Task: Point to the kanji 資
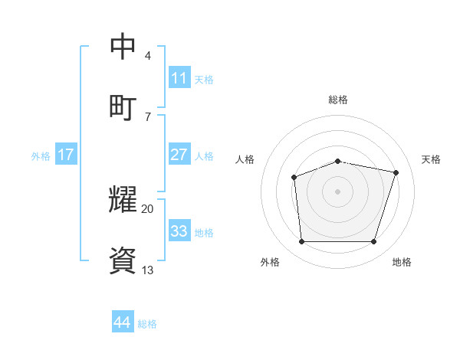point(124,260)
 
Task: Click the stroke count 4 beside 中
point(147,56)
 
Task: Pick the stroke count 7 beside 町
point(147,116)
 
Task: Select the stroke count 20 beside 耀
point(148,208)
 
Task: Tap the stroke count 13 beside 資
point(148,270)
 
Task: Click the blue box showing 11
point(179,78)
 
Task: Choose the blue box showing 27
point(179,155)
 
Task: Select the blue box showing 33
point(179,231)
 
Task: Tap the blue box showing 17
point(66,155)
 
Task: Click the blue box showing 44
point(122,322)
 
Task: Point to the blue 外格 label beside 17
point(41,156)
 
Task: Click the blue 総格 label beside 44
point(147,324)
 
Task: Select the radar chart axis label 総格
point(338,100)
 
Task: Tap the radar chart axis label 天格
point(431,159)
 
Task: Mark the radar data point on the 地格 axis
point(374,242)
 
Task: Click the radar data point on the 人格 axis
point(294,178)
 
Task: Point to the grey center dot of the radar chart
point(338,191)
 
